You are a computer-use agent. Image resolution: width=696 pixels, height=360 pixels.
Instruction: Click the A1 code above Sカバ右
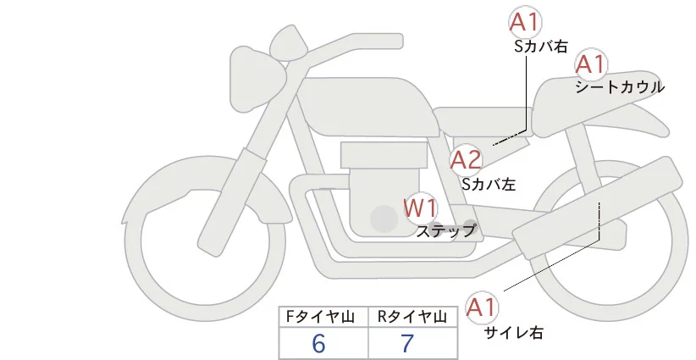(525, 23)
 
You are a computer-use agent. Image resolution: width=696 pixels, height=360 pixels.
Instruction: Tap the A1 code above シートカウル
(589, 64)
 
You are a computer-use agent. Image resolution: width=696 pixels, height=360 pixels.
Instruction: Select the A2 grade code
(466, 159)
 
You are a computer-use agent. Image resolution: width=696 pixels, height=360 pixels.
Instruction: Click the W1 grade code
(420, 207)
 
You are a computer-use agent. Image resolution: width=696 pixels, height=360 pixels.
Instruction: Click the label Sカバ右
(541, 47)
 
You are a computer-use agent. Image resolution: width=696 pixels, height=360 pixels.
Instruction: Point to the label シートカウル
(619, 87)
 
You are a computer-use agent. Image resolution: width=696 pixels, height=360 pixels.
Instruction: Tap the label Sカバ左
(489, 182)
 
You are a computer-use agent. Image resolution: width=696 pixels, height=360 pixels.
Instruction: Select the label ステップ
(446, 230)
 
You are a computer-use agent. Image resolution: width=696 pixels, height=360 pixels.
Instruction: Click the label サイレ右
(514, 333)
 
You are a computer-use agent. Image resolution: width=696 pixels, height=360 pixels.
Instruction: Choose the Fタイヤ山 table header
(323, 317)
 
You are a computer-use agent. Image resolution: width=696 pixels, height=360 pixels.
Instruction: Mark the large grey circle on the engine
(384, 219)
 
